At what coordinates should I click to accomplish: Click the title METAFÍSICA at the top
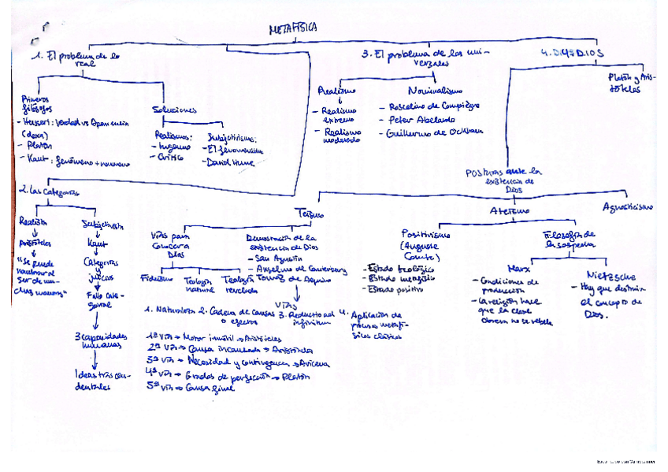(x=293, y=28)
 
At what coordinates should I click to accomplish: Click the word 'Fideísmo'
(x=155, y=278)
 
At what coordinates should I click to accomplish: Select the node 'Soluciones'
(x=175, y=110)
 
